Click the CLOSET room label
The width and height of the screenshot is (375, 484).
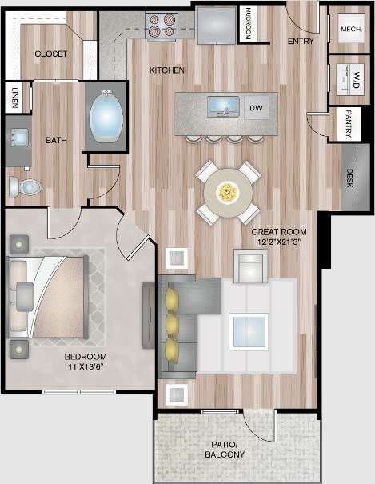coord(50,54)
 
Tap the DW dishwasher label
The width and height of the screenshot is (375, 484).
coord(256,107)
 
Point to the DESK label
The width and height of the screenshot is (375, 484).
coord(350,177)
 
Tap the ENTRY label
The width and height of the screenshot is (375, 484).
coord(301,42)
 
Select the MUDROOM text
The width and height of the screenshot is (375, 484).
coord(249,25)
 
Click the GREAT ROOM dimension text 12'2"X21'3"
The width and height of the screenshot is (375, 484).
coord(279,241)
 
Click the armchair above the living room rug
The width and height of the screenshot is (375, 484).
coord(250,266)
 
